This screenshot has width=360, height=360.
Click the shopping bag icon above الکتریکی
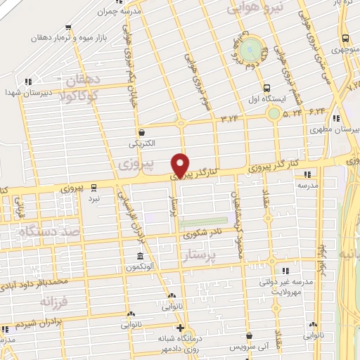pyautogui.click(x=142, y=132)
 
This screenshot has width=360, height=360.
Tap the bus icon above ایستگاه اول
pyautogui.click(x=266, y=88)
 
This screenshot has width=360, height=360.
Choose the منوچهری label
pyautogui.click(x=345, y=51)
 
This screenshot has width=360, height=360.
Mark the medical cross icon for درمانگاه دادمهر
pyautogui.click(x=180, y=328)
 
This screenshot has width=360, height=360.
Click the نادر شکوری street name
pyautogui.click(x=207, y=233)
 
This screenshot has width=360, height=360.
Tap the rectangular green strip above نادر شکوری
pyautogui.click(x=204, y=223)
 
